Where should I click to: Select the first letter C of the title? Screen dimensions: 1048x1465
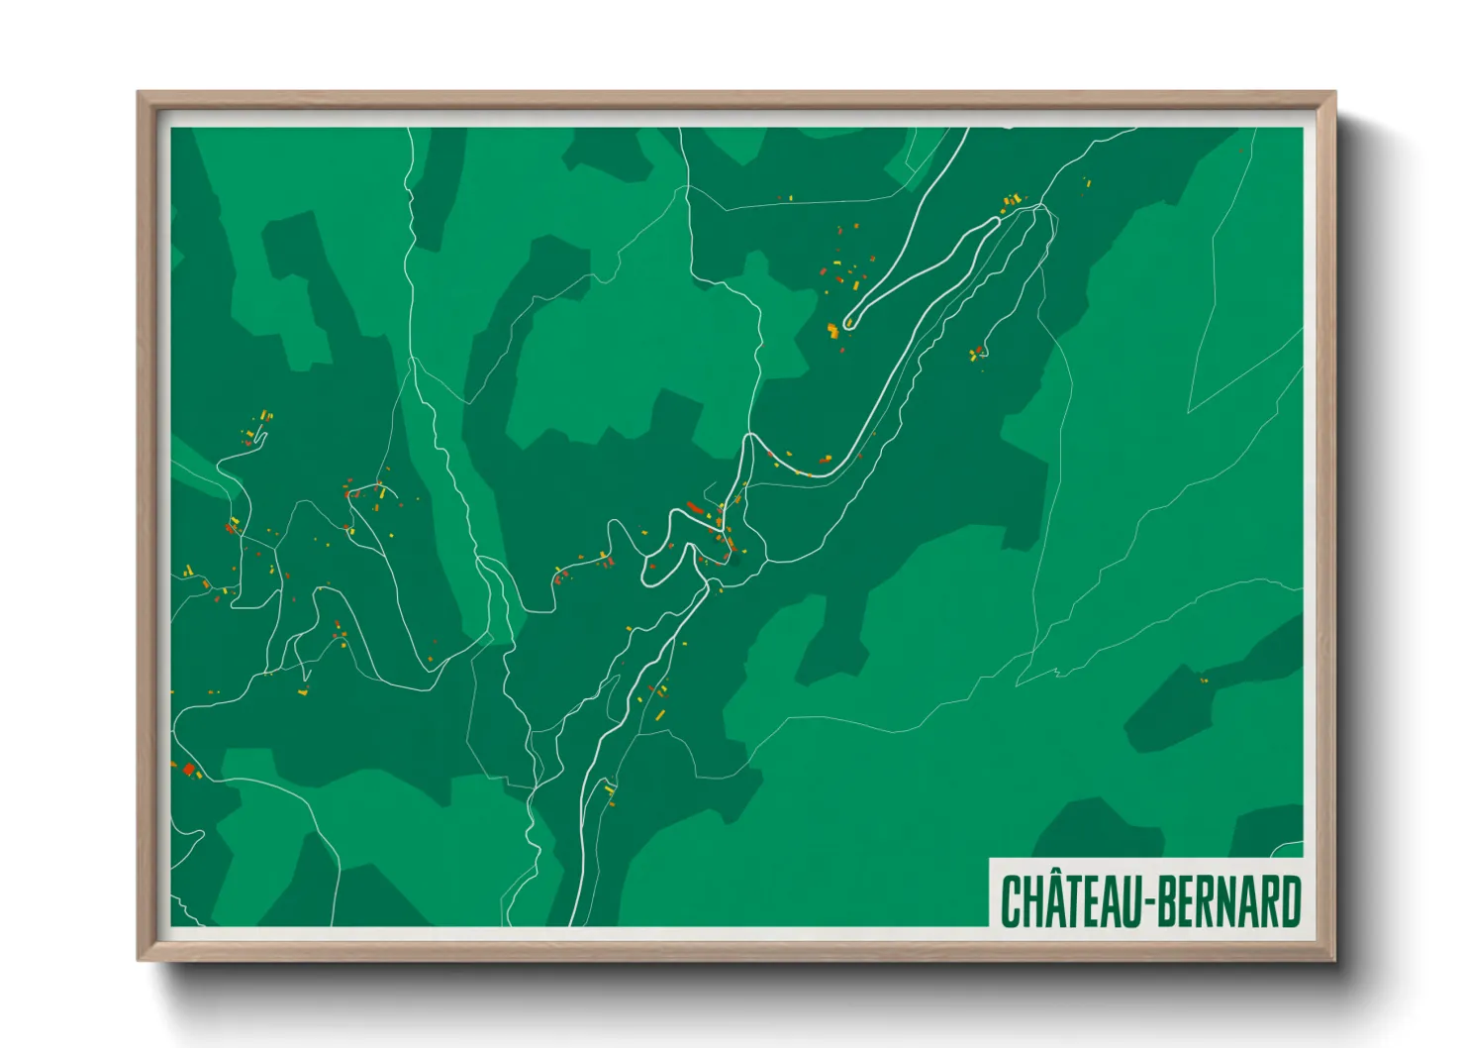click(1011, 901)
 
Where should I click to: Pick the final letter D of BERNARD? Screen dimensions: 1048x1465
click(1289, 901)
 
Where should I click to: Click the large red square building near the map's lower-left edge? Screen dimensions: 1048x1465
click(188, 768)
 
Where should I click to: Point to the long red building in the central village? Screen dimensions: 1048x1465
click(694, 508)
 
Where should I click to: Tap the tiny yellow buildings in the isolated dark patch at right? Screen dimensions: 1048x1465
click(1204, 680)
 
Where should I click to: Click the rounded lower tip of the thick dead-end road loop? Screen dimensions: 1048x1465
click(848, 322)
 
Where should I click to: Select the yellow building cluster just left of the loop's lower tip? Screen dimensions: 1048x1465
click(833, 330)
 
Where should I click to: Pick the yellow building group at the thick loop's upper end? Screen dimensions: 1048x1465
click(1011, 202)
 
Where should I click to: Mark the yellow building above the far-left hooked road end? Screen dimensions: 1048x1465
click(264, 417)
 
